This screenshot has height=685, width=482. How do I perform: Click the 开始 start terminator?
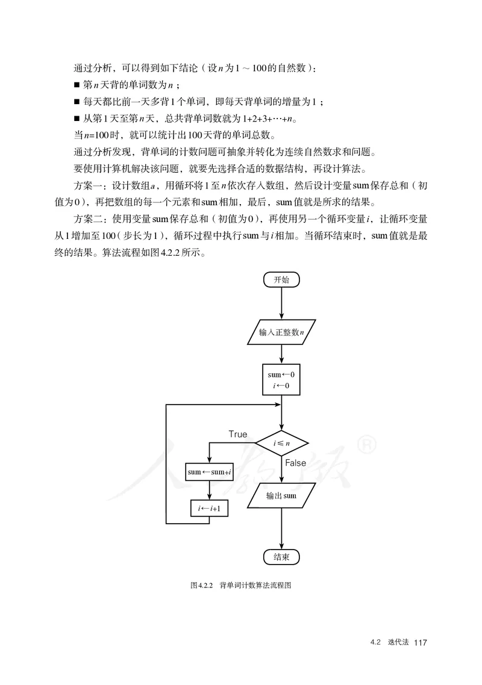[x=281, y=279]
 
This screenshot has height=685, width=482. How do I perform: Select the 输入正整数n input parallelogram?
[x=281, y=332]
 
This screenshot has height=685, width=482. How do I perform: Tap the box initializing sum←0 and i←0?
[x=281, y=379]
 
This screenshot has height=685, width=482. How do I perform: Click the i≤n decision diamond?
[x=281, y=443]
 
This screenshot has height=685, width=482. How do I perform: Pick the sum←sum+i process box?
[x=209, y=472]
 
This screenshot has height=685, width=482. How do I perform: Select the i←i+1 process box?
[x=209, y=509]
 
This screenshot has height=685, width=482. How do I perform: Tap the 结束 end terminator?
[x=281, y=557]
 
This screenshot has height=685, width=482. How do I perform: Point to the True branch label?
[x=237, y=434]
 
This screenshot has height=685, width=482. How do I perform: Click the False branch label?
[x=295, y=463]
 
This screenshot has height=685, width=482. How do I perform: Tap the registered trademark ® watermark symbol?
[x=367, y=445]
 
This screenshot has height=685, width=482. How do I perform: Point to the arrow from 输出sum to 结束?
[x=281, y=527]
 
